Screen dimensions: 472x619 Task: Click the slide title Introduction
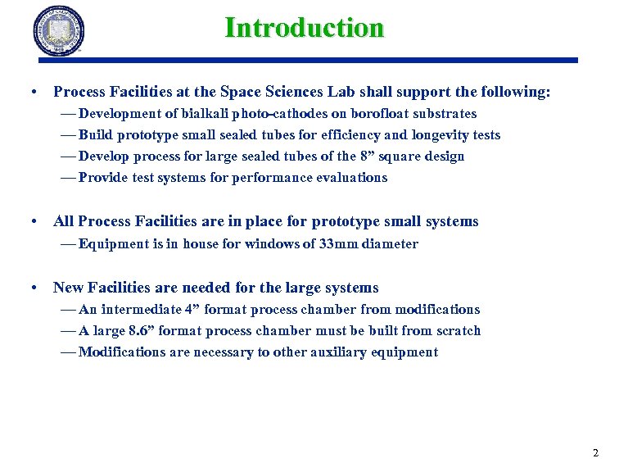(304, 28)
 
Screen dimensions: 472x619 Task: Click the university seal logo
(59, 31)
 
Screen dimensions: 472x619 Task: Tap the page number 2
(595, 453)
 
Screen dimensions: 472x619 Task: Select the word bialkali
(203, 114)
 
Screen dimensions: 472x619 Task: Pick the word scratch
(459, 331)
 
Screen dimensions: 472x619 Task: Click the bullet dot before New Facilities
(33, 288)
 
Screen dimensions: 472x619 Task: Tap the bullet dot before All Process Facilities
(33, 221)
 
